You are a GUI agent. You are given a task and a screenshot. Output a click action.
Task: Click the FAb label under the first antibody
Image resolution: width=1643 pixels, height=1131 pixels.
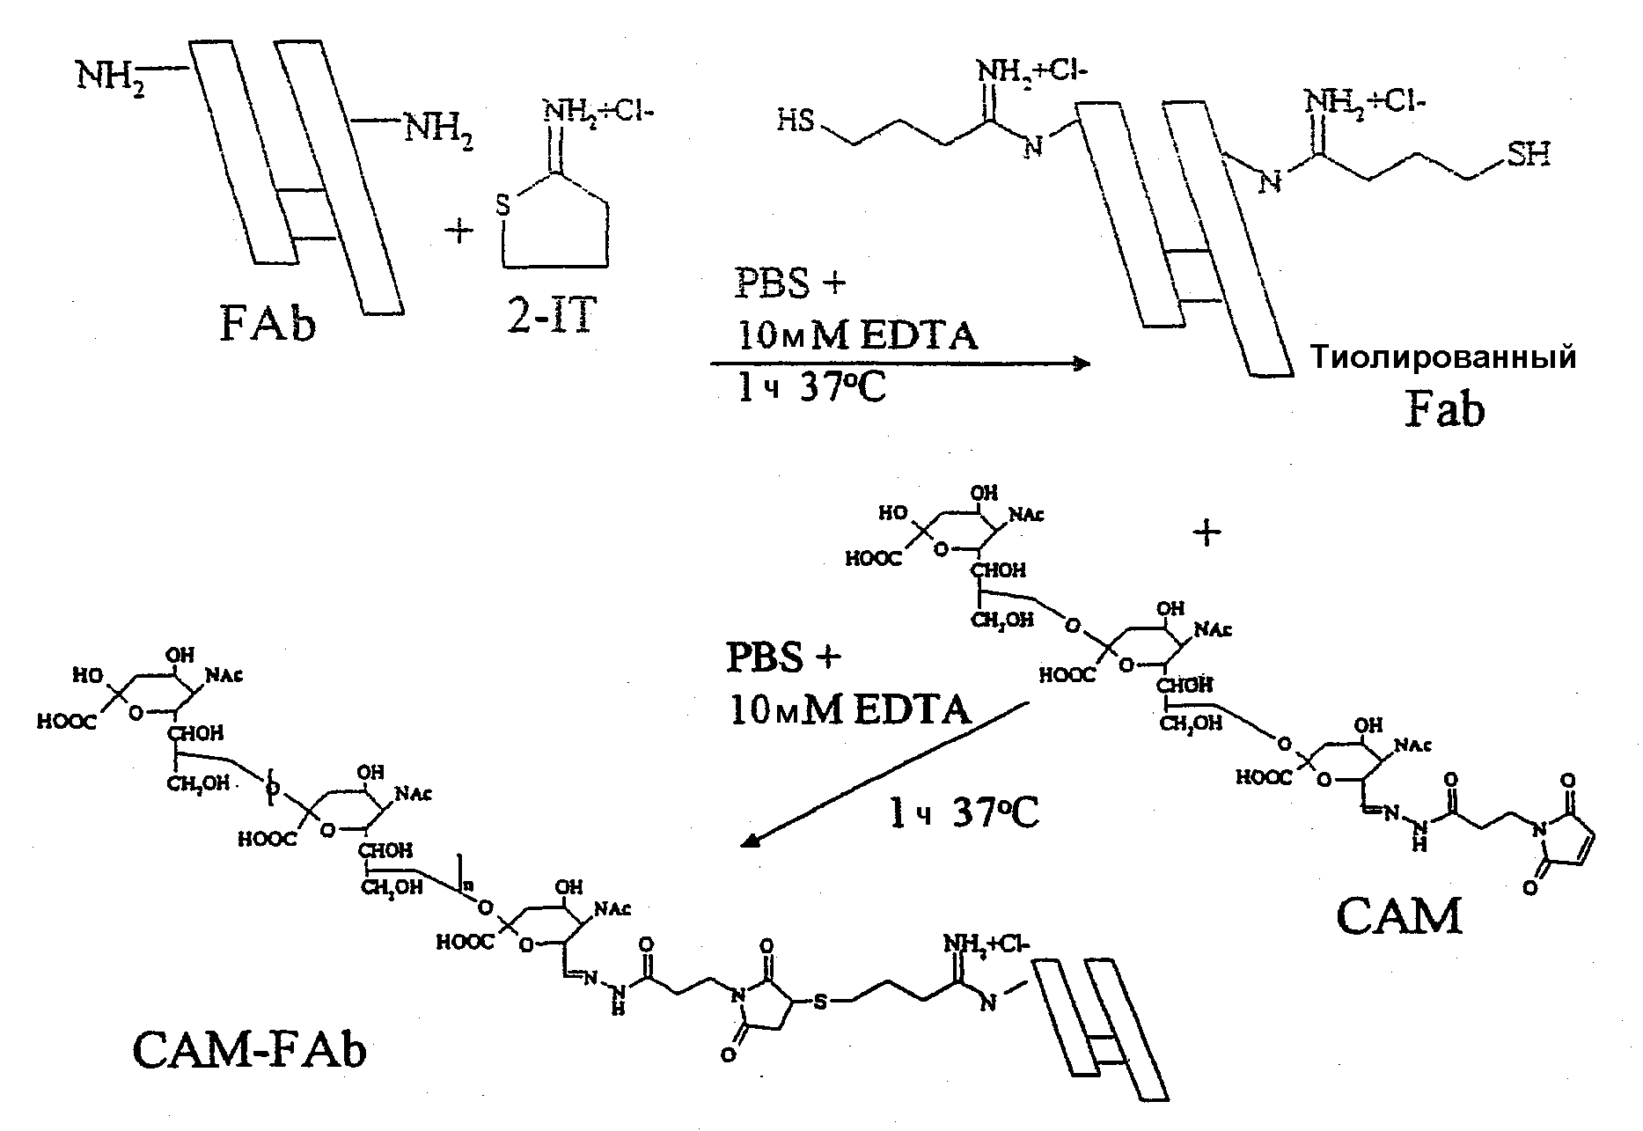268,326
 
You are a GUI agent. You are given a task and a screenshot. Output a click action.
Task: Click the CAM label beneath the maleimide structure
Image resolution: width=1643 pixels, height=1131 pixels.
1398,916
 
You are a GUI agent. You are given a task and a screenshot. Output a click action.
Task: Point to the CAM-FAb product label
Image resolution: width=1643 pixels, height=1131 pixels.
249,1049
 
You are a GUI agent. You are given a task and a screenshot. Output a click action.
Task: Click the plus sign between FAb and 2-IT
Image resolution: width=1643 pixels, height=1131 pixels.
459,232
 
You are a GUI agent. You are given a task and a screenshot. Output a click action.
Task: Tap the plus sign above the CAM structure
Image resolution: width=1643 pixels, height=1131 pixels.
1207,533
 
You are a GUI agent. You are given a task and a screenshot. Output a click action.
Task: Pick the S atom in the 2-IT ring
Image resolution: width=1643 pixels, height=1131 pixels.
503,207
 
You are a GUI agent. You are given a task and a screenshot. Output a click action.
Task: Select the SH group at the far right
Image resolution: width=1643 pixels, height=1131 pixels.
1529,156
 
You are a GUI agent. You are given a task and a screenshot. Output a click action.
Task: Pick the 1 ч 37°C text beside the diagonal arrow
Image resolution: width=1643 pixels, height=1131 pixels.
963,814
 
